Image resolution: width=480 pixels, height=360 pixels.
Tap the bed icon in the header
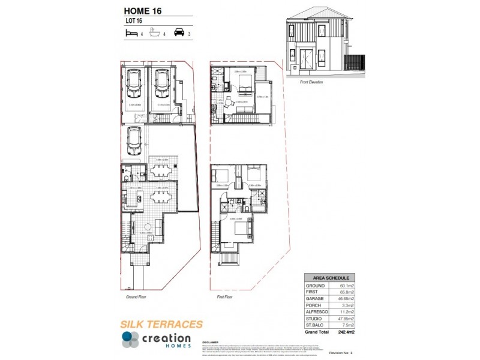coord(130,34)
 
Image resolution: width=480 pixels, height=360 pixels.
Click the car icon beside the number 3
coord(178,33)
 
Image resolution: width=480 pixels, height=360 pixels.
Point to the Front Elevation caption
coord(311,82)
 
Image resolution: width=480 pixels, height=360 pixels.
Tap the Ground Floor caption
coord(137,296)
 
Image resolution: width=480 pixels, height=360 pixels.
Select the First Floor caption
coord(224,296)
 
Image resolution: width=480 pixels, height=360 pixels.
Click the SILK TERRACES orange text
coord(161,325)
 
